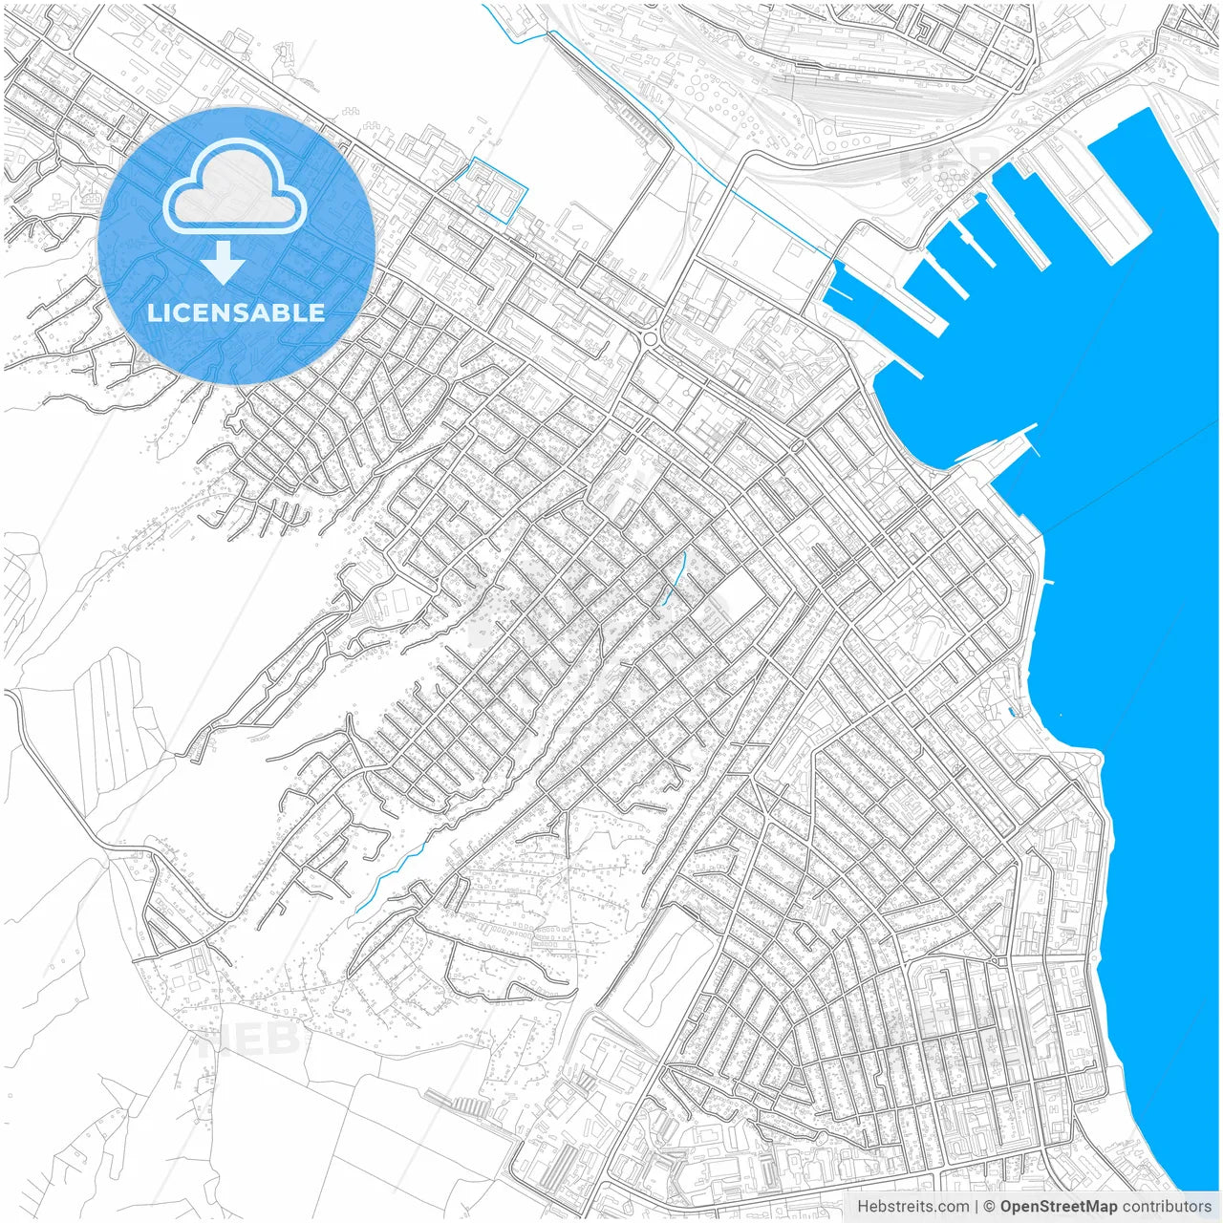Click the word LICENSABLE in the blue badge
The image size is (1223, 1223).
(x=236, y=312)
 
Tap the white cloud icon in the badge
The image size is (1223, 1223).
(x=235, y=188)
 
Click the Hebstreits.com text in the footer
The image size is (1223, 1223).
(x=912, y=1206)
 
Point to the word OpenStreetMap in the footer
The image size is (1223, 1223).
(x=1058, y=1206)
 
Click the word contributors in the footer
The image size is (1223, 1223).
(x=1166, y=1206)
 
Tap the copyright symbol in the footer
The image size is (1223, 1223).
(x=990, y=1206)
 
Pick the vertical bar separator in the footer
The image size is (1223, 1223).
(x=976, y=1206)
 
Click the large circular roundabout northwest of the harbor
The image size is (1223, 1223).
(x=651, y=338)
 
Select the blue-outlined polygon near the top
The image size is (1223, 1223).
(x=497, y=187)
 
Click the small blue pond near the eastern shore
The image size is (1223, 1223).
(x=1013, y=711)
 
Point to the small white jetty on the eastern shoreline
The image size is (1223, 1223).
(x=1047, y=580)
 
